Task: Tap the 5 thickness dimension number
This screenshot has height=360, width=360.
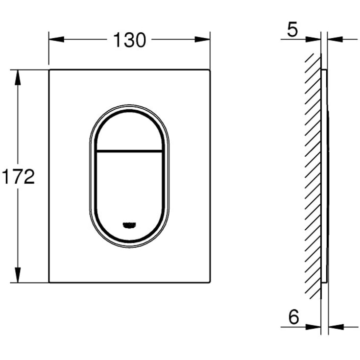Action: tap(292, 30)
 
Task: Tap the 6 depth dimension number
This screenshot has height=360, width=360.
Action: tap(293, 318)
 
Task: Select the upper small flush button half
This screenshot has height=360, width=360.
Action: tap(129, 129)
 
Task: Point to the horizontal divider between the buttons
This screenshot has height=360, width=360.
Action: tap(129, 149)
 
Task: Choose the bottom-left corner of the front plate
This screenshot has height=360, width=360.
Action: tap(49, 282)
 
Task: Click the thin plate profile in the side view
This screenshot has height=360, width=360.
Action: tap(325, 176)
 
